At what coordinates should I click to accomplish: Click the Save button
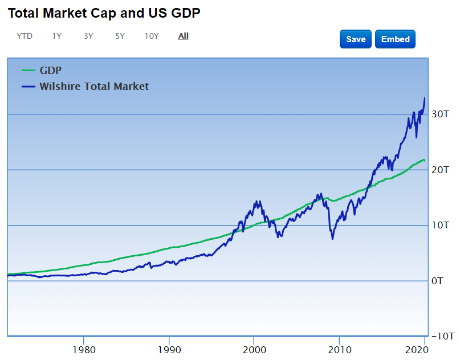tap(356, 39)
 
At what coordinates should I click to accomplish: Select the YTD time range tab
tap(25, 36)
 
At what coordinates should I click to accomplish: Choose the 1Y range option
tap(57, 36)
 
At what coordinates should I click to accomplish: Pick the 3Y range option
tap(88, 36)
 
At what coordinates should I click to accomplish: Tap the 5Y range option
tap(120, 36)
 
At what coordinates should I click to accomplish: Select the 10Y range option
tap(152, 36)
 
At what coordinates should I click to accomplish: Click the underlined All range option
tap(183, 36)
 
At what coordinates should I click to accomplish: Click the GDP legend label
tap(50, 71)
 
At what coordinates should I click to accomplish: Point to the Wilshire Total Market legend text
tap(94, 87)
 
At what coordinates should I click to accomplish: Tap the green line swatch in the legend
tap(29, 71)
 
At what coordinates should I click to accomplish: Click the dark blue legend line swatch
tap(29, 87)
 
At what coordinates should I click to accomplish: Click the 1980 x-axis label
tap(84, 349)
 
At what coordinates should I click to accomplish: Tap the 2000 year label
tap(254, 349)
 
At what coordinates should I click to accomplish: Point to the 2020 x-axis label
tap(424, 349)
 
